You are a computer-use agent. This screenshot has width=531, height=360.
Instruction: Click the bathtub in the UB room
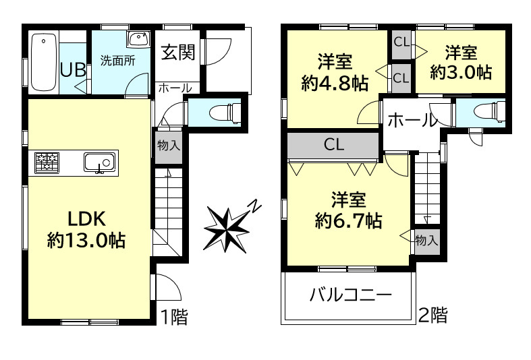coord(44,63)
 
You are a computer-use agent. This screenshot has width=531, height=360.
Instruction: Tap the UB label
coord(73,70)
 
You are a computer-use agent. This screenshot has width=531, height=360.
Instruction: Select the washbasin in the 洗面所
coord(138,40)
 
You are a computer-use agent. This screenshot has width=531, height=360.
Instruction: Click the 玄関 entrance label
coord(178,52)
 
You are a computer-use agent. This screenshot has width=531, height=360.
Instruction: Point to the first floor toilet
coord(225,112)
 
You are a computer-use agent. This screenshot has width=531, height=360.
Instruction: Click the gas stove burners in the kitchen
coord(47,162)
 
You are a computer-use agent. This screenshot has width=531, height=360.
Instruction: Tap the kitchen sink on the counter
coord(100,162)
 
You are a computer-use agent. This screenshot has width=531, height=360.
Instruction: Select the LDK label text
coord(86,218)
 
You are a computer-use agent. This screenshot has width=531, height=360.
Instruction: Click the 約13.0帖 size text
coord(86,241)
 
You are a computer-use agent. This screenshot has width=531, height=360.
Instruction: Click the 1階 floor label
coord(174,317)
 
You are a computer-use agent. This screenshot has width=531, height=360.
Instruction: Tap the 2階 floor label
coord(433,315)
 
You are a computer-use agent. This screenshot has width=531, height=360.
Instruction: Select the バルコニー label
coord(351,295)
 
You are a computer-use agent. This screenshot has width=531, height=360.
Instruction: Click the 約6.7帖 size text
coord(349,220)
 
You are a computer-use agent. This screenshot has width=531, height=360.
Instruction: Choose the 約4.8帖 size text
coord(335,83)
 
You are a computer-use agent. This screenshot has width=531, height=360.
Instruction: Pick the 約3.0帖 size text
coord(461,72)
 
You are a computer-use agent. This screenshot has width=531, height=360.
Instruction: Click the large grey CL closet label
coord(334,144)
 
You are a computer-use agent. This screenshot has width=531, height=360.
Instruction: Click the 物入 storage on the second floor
coord(426,241)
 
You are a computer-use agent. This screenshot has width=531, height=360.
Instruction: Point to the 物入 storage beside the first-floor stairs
coord(168,146)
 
